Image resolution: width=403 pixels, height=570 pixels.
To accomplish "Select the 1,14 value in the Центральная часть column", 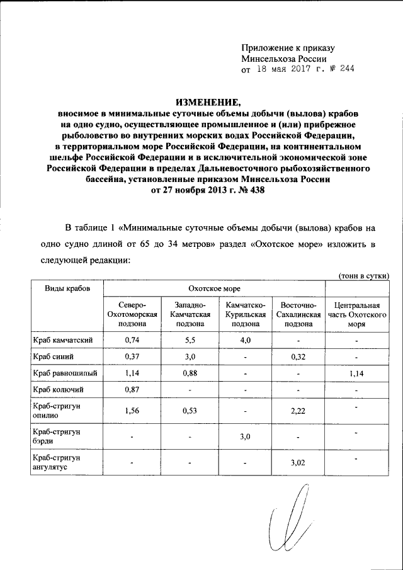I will pyautogui.click(x=356, y=373).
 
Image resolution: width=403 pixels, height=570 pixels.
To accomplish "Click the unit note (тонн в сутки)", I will pyautogui.click(x=363, y=275).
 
